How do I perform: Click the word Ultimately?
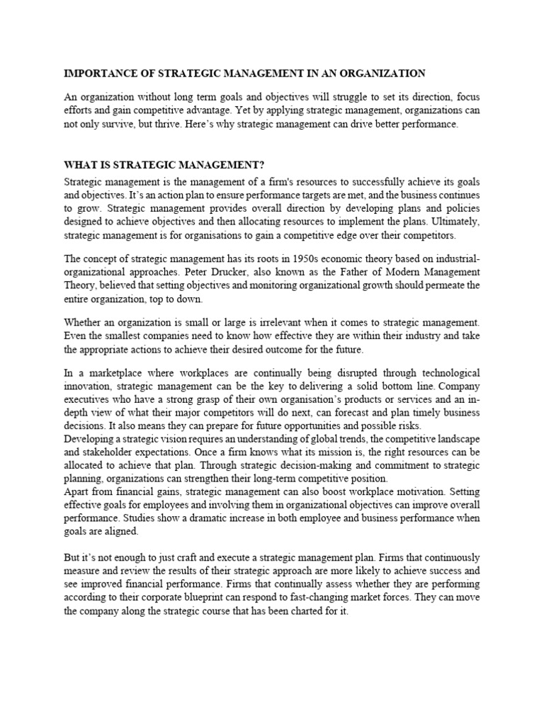(455, 222)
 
